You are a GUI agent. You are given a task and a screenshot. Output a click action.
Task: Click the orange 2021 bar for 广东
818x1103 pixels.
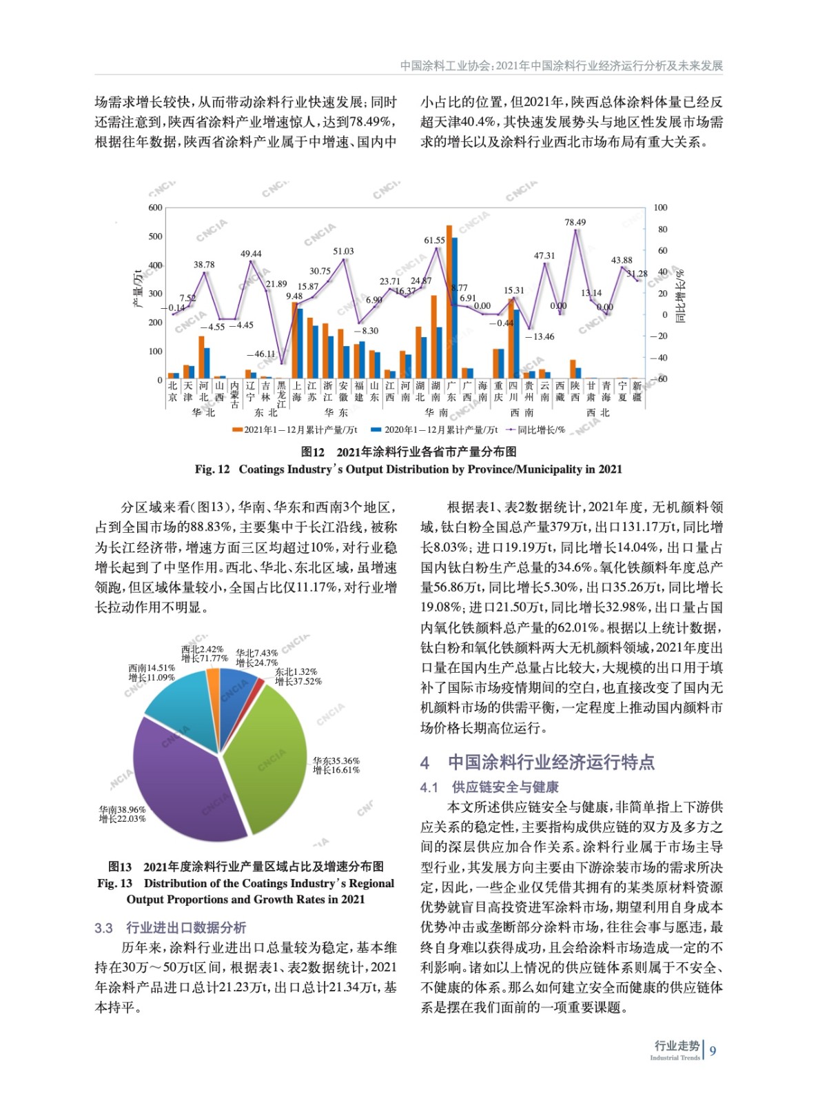click(x=449, y=303)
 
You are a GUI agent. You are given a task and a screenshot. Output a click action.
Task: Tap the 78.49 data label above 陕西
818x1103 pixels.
click(x=575, y=222)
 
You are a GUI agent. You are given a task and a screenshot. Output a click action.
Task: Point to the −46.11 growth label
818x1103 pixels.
click(x=265, y=354)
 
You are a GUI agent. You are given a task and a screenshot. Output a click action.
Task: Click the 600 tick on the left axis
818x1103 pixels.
click(x=156, y=208)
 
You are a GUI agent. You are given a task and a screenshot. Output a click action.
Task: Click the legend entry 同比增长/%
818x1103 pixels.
click(x=538, y=429)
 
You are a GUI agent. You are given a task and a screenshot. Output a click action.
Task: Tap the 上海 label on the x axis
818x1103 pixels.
click(x=296, y=392)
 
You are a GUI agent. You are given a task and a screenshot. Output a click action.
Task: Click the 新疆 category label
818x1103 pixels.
click(x=637, y=392)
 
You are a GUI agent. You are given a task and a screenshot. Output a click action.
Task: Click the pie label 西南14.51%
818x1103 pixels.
click(x=152, y=668)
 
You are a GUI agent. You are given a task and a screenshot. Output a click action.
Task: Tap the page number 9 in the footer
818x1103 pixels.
click(x=713, y=1051)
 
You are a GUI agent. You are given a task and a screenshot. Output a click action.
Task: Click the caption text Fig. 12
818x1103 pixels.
click(x=212, y=469)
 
